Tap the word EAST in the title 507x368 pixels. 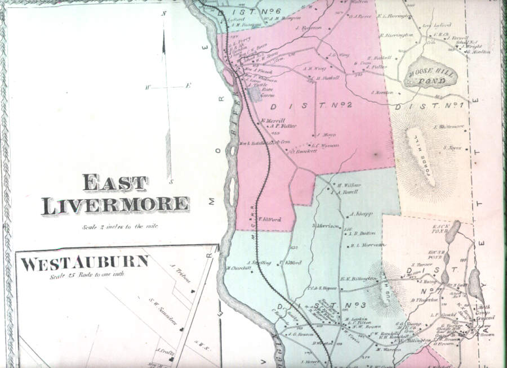click(115, 183)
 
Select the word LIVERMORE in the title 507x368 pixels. click(114, 205)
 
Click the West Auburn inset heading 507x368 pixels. click(85, 263)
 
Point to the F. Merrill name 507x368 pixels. click(273, 120)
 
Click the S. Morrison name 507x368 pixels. click(324, 226)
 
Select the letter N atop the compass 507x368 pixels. click(164, 13)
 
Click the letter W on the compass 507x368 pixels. click(148, 87)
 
